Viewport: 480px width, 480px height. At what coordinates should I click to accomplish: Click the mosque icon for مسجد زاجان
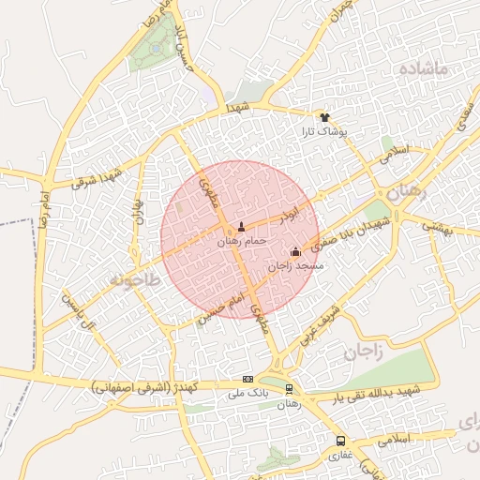[296, 251]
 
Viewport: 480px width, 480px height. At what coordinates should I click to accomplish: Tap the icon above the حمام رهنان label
[242, 226]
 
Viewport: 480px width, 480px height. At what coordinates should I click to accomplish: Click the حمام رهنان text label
[242, 241]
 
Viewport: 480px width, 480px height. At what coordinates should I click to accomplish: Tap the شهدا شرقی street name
[97, 176]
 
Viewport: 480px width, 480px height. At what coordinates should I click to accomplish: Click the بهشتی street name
[438, 226]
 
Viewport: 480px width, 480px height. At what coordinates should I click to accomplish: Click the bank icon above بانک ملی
[247, 379]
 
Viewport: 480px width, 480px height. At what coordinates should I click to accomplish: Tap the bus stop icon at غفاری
[340, 440]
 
